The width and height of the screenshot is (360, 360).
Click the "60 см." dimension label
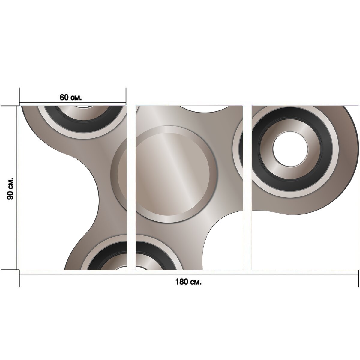(70, 97)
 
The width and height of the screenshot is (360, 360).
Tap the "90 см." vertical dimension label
(10, 189)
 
